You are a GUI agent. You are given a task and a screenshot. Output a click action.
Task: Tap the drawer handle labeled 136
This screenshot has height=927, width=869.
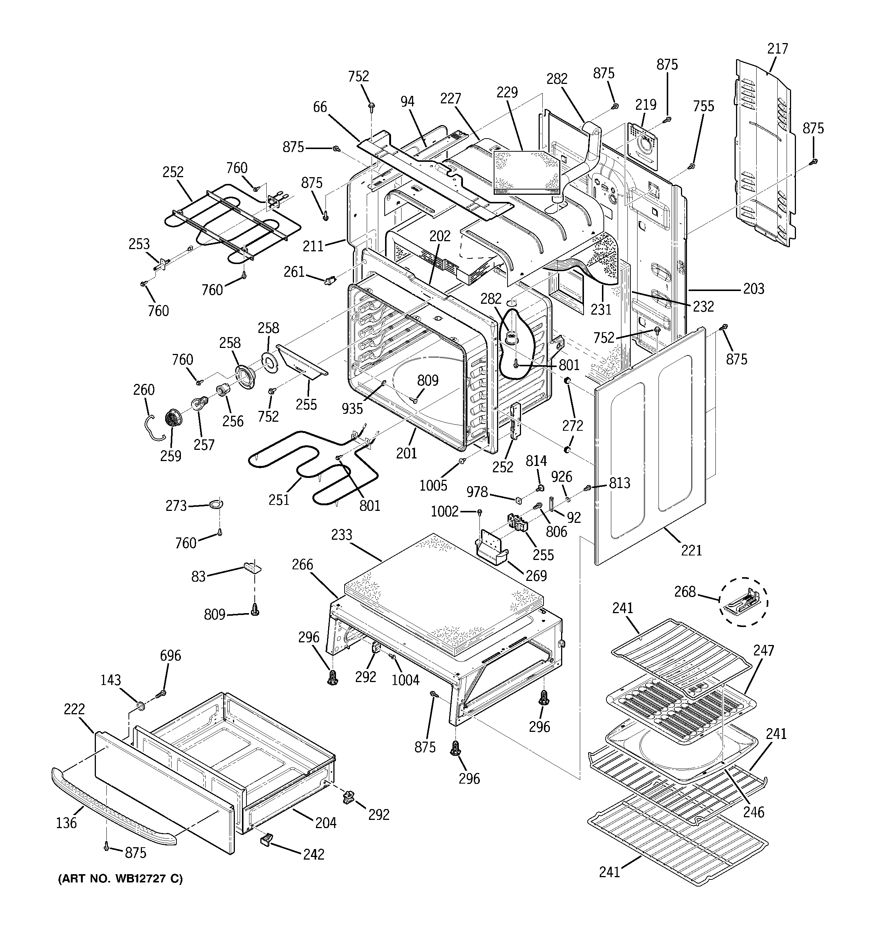tap(112, 804)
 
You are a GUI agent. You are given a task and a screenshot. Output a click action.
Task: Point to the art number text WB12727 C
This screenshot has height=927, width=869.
tap(120, 879)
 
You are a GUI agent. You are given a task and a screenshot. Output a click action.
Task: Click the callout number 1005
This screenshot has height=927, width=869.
tap(433, 485)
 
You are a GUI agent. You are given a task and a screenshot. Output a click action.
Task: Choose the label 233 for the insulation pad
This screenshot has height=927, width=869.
tap(342, 535)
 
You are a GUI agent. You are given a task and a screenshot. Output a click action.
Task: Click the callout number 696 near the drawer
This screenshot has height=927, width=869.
tap(170, 655)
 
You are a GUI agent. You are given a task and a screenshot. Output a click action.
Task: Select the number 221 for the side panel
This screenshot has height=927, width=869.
tap(691, 550)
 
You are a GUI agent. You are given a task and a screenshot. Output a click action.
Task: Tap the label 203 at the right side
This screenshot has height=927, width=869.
tap(753, 289)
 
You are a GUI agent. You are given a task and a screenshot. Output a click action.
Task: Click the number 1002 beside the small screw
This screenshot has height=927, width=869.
tap(444, 512)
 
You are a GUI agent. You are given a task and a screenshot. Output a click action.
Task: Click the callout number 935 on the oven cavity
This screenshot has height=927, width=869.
tap(352, 409)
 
